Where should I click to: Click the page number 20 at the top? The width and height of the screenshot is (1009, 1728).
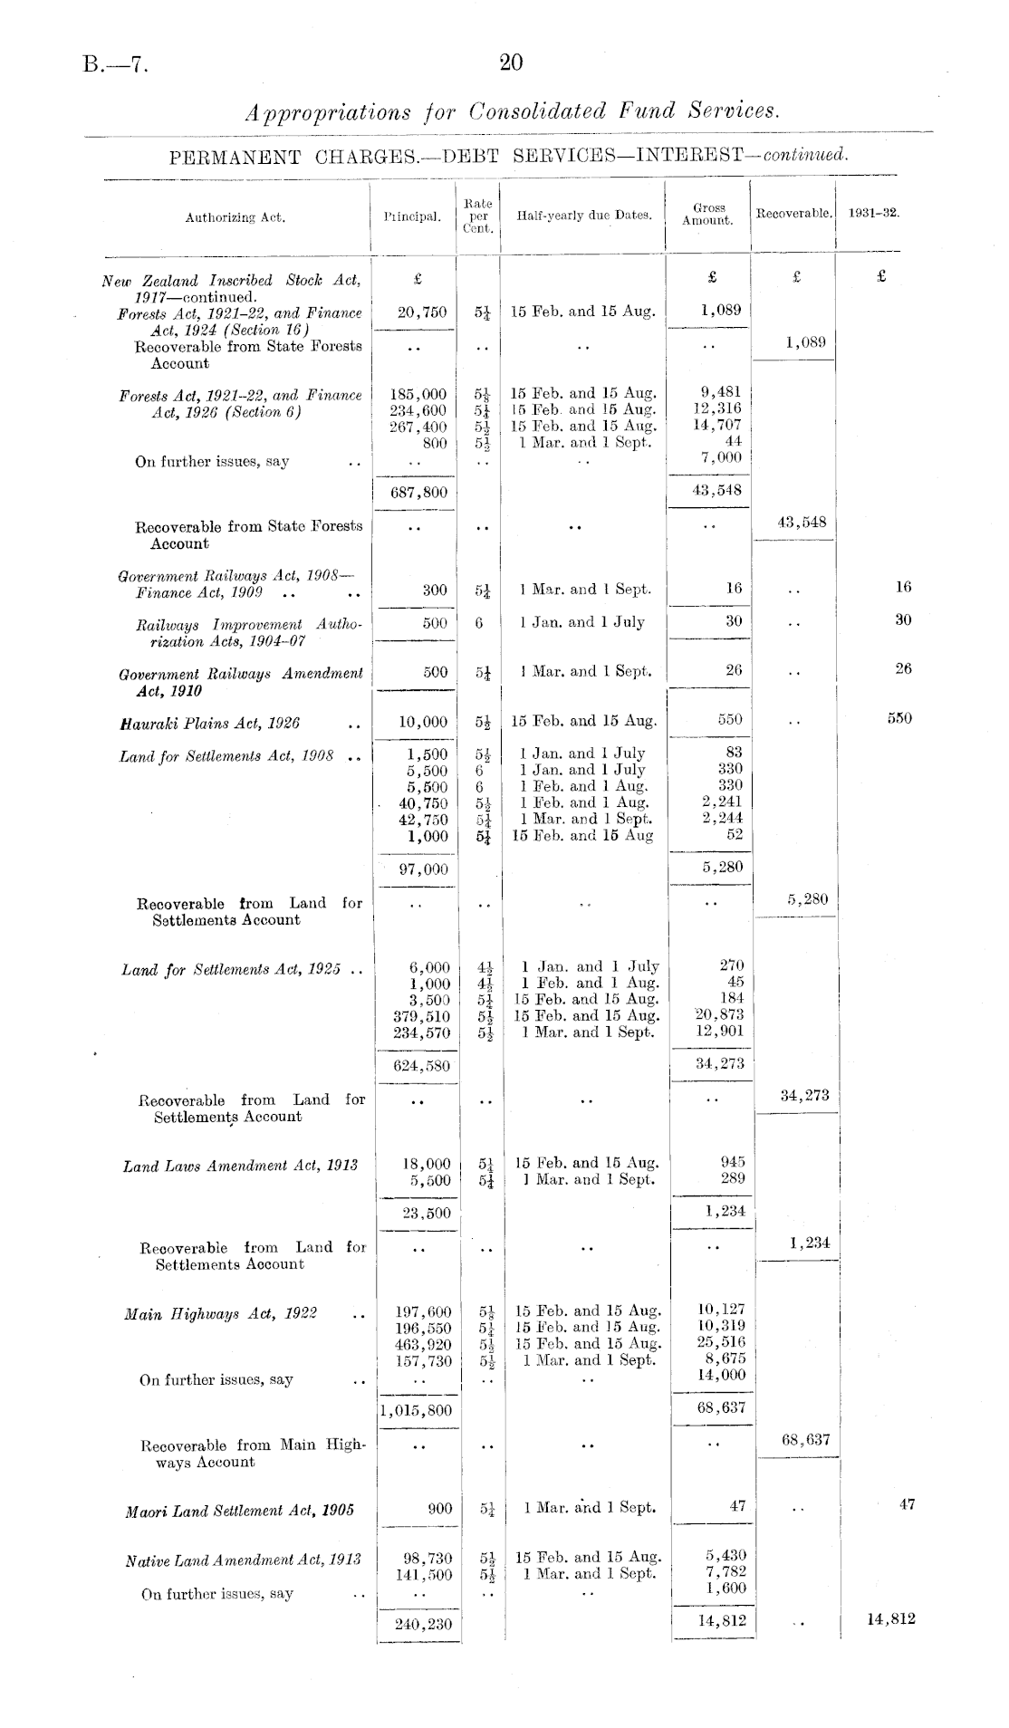coord(511,62)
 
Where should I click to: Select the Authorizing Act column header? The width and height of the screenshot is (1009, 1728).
coord(235,217)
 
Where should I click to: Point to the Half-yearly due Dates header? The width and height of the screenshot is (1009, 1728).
coord(583,216)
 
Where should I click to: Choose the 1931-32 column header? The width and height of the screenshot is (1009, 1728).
coord(873,214)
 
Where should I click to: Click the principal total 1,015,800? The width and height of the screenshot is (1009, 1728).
coord(416,1410)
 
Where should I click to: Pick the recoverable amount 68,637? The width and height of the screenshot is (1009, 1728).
coord(805,1438)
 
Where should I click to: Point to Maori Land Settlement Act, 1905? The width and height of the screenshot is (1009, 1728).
coord(239,1511)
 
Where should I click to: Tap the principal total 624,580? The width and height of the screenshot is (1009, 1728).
coord(421,1065)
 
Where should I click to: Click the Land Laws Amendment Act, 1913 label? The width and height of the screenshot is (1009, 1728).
coord(240,1166)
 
